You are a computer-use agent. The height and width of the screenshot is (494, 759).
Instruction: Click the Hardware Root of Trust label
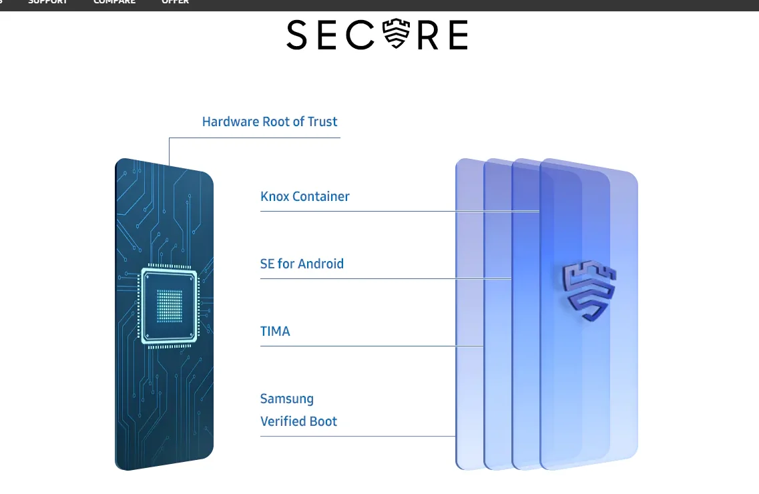tap(270, 121)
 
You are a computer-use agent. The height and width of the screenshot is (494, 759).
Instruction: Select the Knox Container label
tap(304, 196)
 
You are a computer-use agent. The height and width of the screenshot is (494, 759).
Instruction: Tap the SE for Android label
tap(302, 264)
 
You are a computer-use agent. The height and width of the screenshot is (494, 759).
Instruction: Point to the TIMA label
tap(275, 331)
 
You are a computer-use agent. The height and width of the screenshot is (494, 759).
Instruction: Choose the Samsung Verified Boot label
tap(298, 410)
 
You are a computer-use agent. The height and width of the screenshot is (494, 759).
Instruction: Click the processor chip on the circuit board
tap(169, 306)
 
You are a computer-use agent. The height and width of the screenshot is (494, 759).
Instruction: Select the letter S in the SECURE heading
tap(297, 35)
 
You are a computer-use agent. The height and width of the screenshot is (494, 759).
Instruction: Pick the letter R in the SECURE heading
tap(429, 35)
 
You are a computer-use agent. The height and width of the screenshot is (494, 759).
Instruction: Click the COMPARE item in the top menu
tap(114, 2)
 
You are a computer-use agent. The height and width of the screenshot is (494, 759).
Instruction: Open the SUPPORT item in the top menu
tap(48, 2)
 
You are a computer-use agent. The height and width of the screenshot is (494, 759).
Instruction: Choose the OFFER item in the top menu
tap(175, 2)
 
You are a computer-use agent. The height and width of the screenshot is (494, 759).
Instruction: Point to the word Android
tap(321, 264)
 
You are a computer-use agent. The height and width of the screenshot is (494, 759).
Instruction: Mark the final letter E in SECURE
tap(457, 35)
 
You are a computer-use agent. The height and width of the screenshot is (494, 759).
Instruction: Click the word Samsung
tap(286, 399)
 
